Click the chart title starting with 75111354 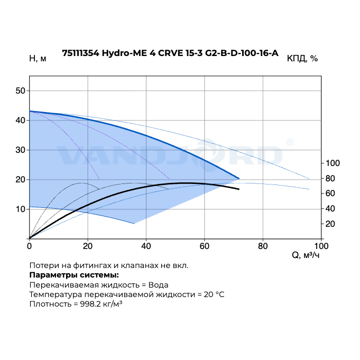coord(170,53)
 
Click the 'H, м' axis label coord(38,58)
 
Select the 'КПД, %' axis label coord(302,58)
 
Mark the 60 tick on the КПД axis coord(331,193)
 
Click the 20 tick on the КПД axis coord(331,224)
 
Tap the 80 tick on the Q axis coord(263,246)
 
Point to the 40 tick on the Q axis coord(146,246)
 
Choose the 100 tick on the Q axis coord(321,246)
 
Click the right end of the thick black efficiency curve coord(239,189)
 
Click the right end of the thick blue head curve coord(239,178)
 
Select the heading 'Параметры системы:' coord(74,275)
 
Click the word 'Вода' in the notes coord(159,284)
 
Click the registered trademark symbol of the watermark coord(290,142)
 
